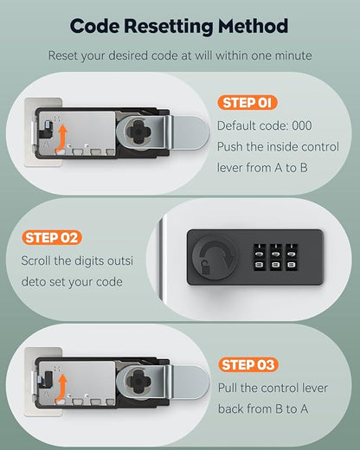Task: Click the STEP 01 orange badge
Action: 247,103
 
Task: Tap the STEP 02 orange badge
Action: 52,238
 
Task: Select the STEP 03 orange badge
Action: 248,365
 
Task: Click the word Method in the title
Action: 254,26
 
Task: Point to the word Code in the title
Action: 94,26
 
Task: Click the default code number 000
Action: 302,125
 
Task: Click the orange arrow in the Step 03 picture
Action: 61,388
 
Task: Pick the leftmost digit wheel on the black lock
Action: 260,258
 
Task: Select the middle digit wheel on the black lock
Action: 276,258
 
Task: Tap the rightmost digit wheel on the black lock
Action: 292,258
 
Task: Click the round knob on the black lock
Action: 215,258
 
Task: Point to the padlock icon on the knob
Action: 205,267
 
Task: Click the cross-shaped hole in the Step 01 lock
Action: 139,132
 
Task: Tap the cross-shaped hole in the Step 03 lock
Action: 139,382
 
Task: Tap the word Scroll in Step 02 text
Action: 36,260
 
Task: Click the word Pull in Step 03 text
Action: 228,388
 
